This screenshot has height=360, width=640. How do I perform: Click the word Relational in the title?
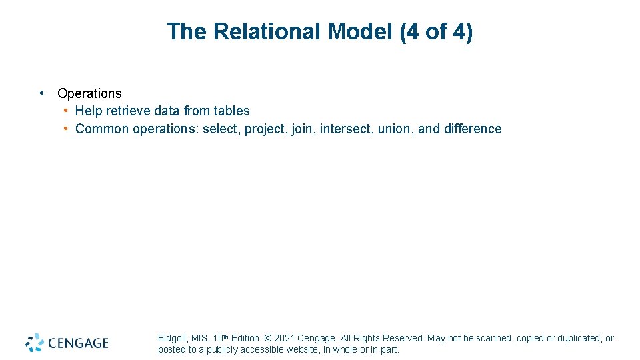267,31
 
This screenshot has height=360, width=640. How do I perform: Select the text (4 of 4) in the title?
436,31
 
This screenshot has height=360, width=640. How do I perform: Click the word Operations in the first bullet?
89,93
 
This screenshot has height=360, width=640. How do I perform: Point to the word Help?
89,111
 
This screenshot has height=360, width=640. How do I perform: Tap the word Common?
102,129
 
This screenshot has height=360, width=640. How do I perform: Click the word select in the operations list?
219,129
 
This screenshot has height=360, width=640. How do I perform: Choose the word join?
303,129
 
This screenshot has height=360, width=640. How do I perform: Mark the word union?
395,129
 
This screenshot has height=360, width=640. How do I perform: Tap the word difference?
471,129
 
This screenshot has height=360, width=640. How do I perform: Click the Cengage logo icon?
35,343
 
